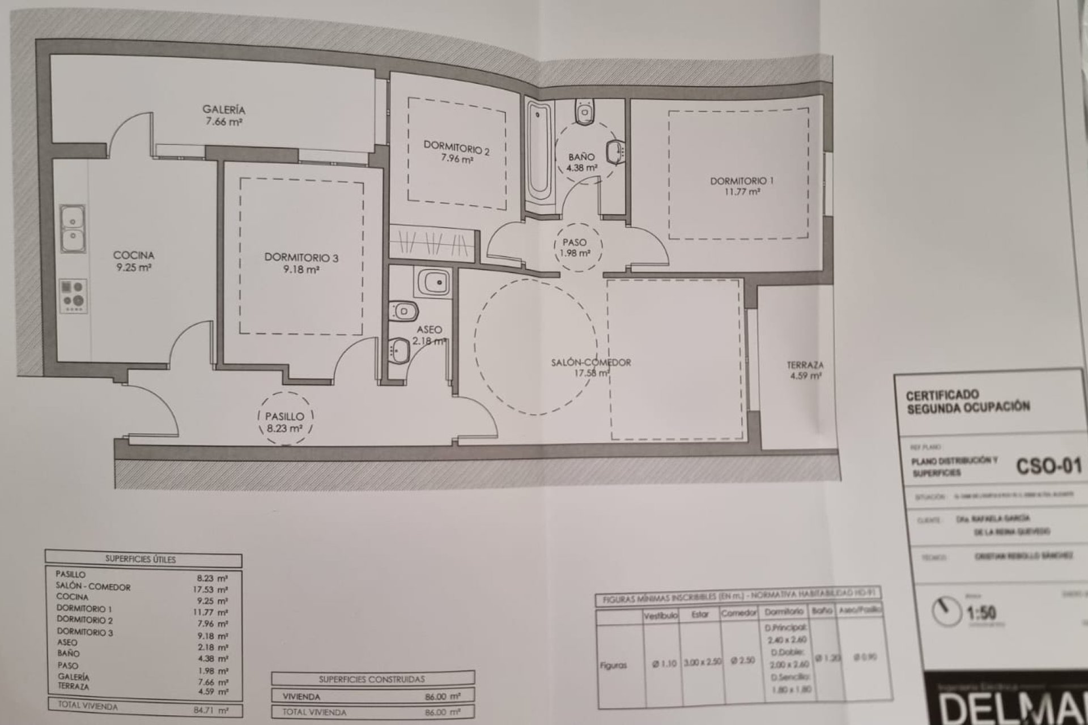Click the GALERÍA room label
tap(224, 110)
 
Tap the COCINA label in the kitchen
tap(134, 255)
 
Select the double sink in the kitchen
tap(73, 228)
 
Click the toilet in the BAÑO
tap(583, 112)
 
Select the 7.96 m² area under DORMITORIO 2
tap(457, 160)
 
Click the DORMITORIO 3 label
tap(301, 258)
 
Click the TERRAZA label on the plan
tap(805, 365)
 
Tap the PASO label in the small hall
tap(574, 242)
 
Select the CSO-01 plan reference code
tap(1048, 466)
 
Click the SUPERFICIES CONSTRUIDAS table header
tap(372, 679)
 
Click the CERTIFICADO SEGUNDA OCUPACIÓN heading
tap(968, 401)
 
